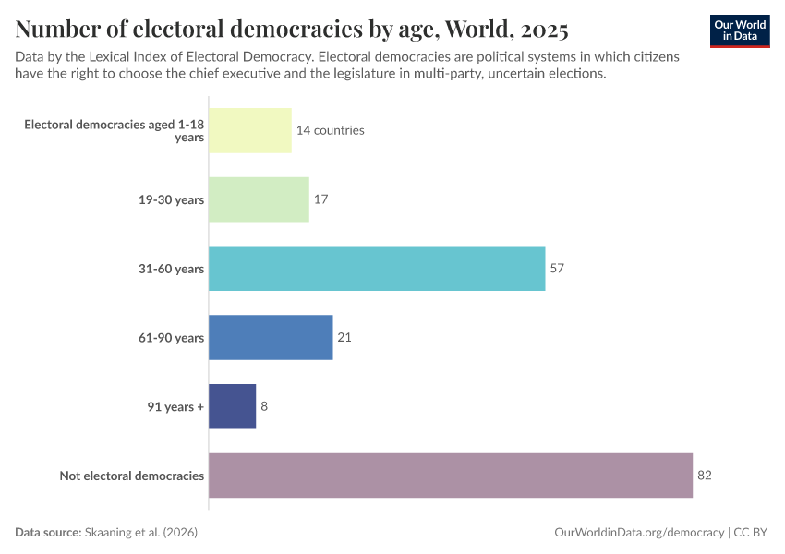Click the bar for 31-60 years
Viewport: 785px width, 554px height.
click(x=377, y=269)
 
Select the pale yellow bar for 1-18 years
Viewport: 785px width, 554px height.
click(x=250, y=130)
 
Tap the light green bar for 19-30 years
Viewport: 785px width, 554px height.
click(x=259, y=199)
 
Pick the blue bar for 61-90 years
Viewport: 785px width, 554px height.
click(x=271, y=337)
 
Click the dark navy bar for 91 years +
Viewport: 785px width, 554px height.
click(x=232, y=406)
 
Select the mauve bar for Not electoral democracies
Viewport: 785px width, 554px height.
click(x=451, y=476)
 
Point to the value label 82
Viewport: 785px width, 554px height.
click(x=705, y=476)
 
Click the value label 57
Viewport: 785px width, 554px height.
click(x=556, y=269)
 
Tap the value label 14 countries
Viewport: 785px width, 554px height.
click(x=330, y=130)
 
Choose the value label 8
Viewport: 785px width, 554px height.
click(x=264, y=406)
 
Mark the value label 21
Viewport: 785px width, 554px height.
click(x=344, y=337)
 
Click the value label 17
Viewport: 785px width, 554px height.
click(x=320, y=199)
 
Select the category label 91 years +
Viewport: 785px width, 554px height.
click(x=175, y=406)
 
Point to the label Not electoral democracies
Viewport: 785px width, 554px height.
click(x=131, y=476)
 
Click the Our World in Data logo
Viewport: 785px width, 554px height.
click(x=740, y=30)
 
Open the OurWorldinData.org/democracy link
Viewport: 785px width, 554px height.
click(x=639, y=533)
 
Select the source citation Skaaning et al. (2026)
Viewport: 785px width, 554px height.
click(x=141, y=533)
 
